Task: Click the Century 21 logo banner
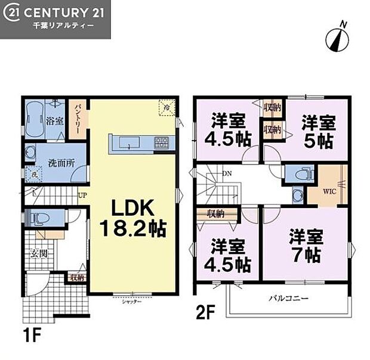(x=55, y=19)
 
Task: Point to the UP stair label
(x=82, y=195)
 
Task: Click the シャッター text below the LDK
(x=132, y=302)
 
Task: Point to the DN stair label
(x=227, y=173)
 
